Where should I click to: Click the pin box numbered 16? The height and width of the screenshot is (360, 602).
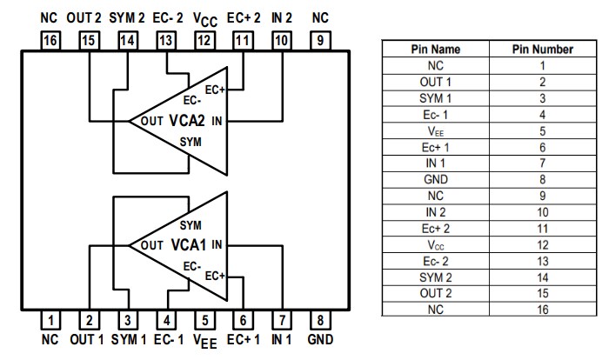[51, 39]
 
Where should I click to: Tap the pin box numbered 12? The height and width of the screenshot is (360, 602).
[204, 39]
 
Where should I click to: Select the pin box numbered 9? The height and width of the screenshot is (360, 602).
[319, 39]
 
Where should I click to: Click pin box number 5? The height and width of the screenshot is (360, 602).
[204, 319]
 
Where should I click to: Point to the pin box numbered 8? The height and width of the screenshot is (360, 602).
[319, 319]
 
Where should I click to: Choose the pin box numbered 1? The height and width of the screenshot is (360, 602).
[51, 319]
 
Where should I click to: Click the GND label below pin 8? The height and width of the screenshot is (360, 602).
[320, 340]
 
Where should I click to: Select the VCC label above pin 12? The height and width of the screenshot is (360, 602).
[204, 18]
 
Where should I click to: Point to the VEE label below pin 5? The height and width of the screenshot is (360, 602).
[204, 341]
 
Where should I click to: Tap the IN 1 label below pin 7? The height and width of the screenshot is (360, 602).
[282, 340]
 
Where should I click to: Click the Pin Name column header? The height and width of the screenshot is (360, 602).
[435, 50]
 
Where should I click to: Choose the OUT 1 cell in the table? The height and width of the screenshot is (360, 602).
[435, 82]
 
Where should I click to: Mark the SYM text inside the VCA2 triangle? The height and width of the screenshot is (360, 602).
[191, 141]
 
